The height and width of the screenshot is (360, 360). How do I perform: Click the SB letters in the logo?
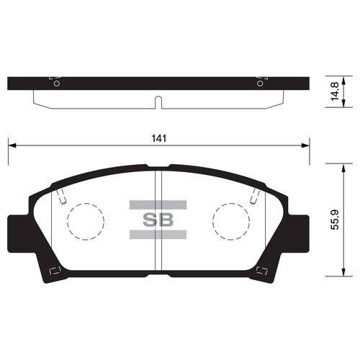click(x=158, y=220)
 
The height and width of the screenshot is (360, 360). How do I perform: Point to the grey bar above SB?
click(x=158, y=205)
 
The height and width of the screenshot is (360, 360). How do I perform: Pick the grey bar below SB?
click(x=158, y=235)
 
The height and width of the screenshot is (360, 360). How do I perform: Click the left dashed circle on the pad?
click(x=85, y=220)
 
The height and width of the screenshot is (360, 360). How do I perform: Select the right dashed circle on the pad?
click(x=231, y=220)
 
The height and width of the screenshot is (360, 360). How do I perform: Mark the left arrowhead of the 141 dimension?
click(x=12, y=146)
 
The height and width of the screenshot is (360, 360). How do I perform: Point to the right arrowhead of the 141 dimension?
click(x=305, y=146)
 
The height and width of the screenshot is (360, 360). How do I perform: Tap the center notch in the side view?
click(x=158, y=101)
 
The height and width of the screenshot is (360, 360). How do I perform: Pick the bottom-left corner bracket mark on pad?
click(x=52, y=271)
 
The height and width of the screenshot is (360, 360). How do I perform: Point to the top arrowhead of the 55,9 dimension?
click(x=337, y=166)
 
